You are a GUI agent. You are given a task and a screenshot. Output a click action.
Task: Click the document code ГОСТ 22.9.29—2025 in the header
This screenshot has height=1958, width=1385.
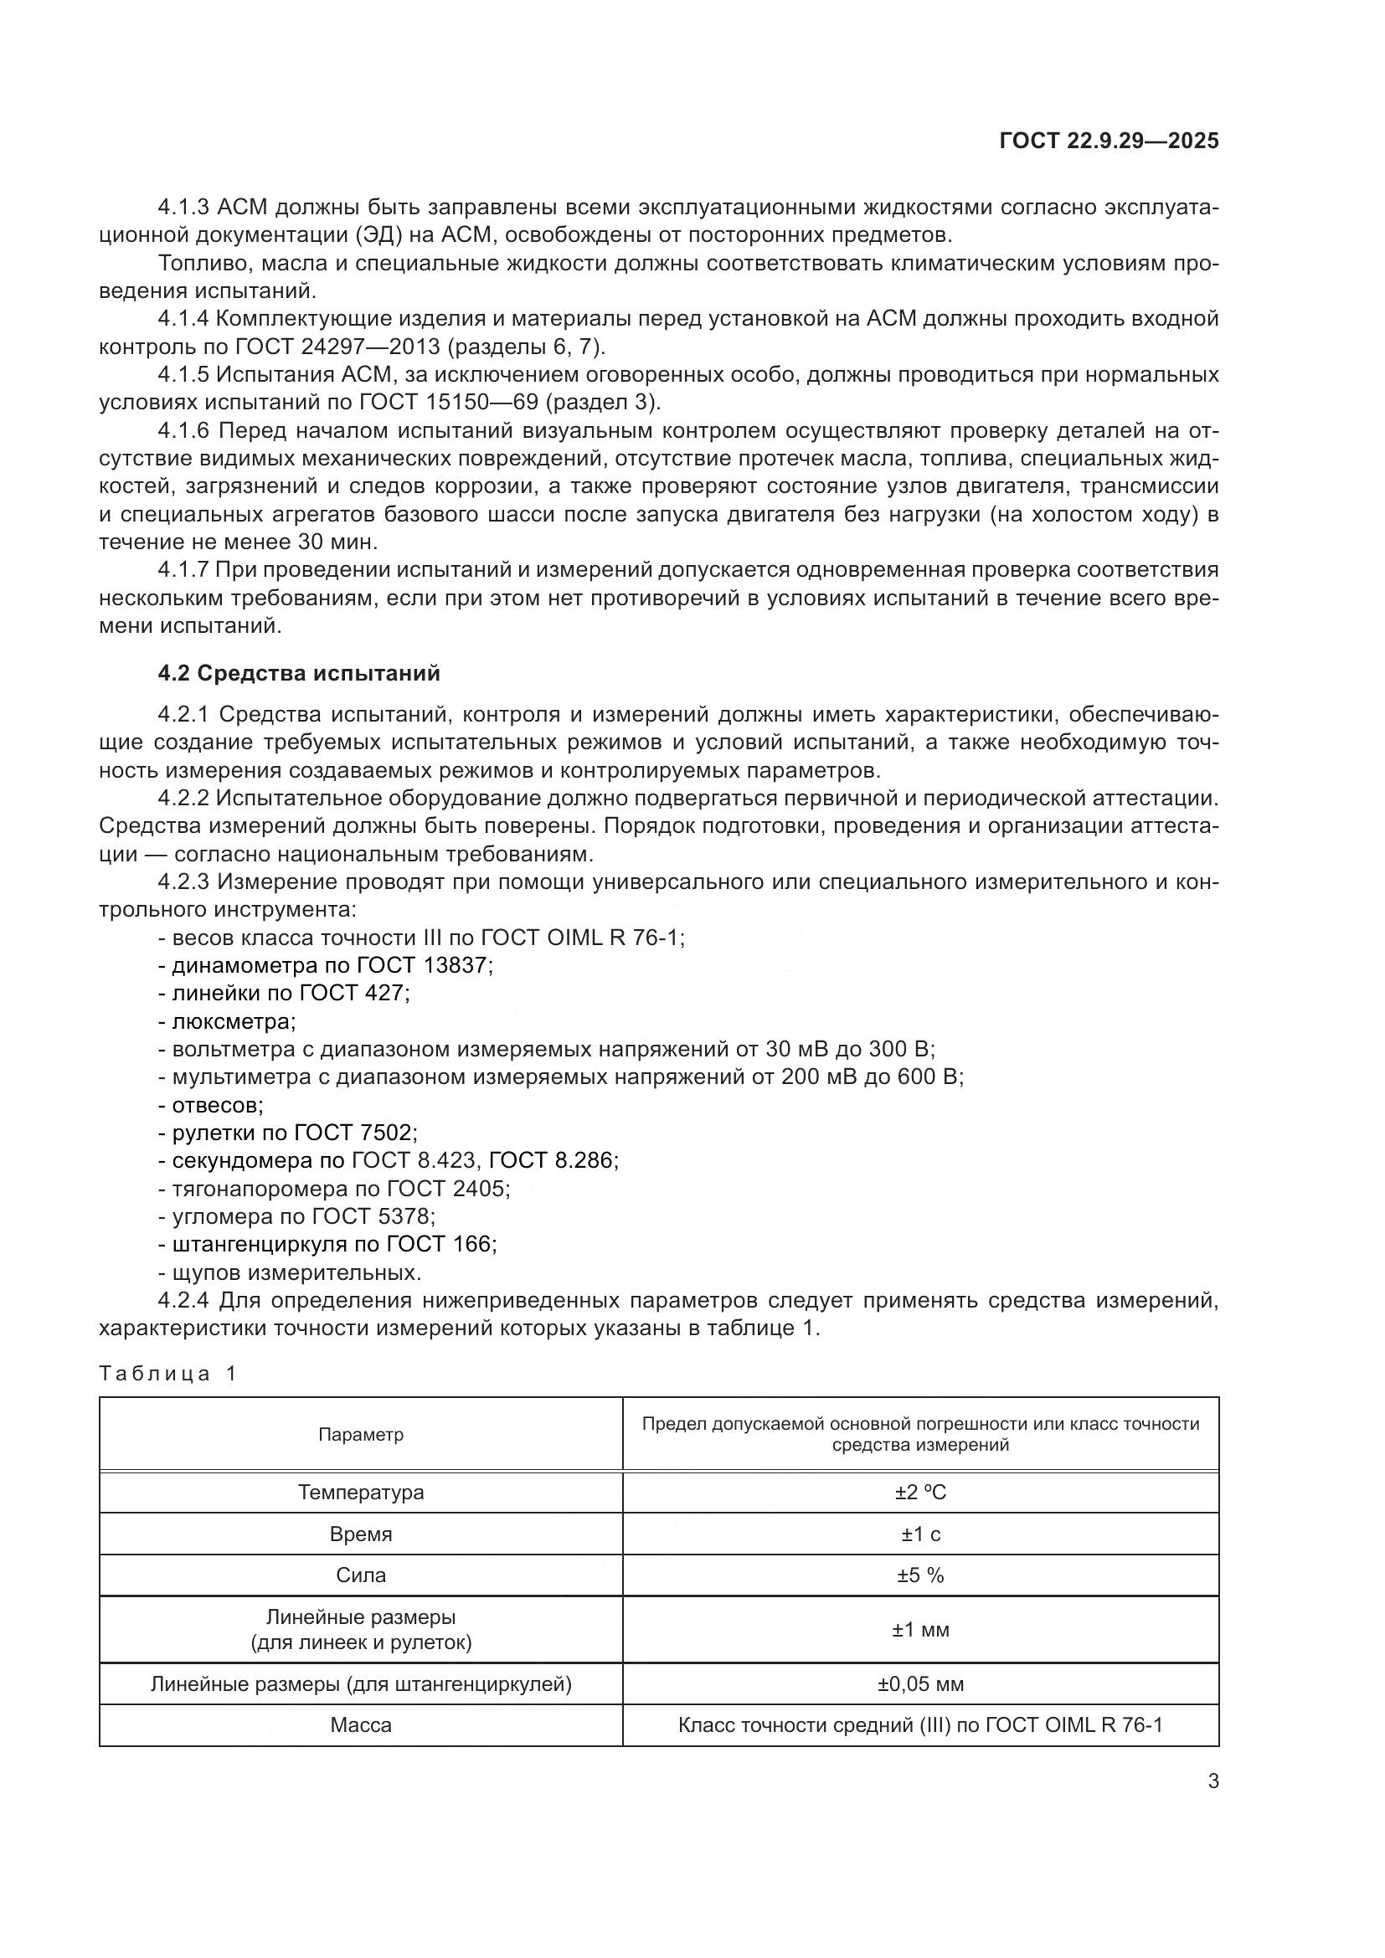[1109, 141]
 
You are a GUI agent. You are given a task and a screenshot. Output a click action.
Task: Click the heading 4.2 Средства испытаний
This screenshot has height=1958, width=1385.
[299, 673]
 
